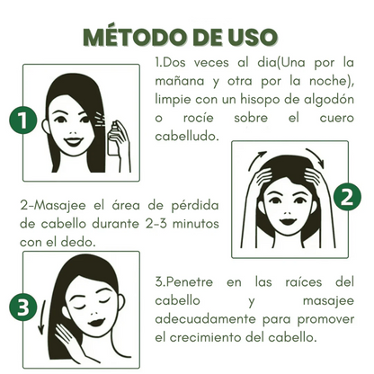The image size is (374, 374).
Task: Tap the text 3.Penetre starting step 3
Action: (x=189, y=280)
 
